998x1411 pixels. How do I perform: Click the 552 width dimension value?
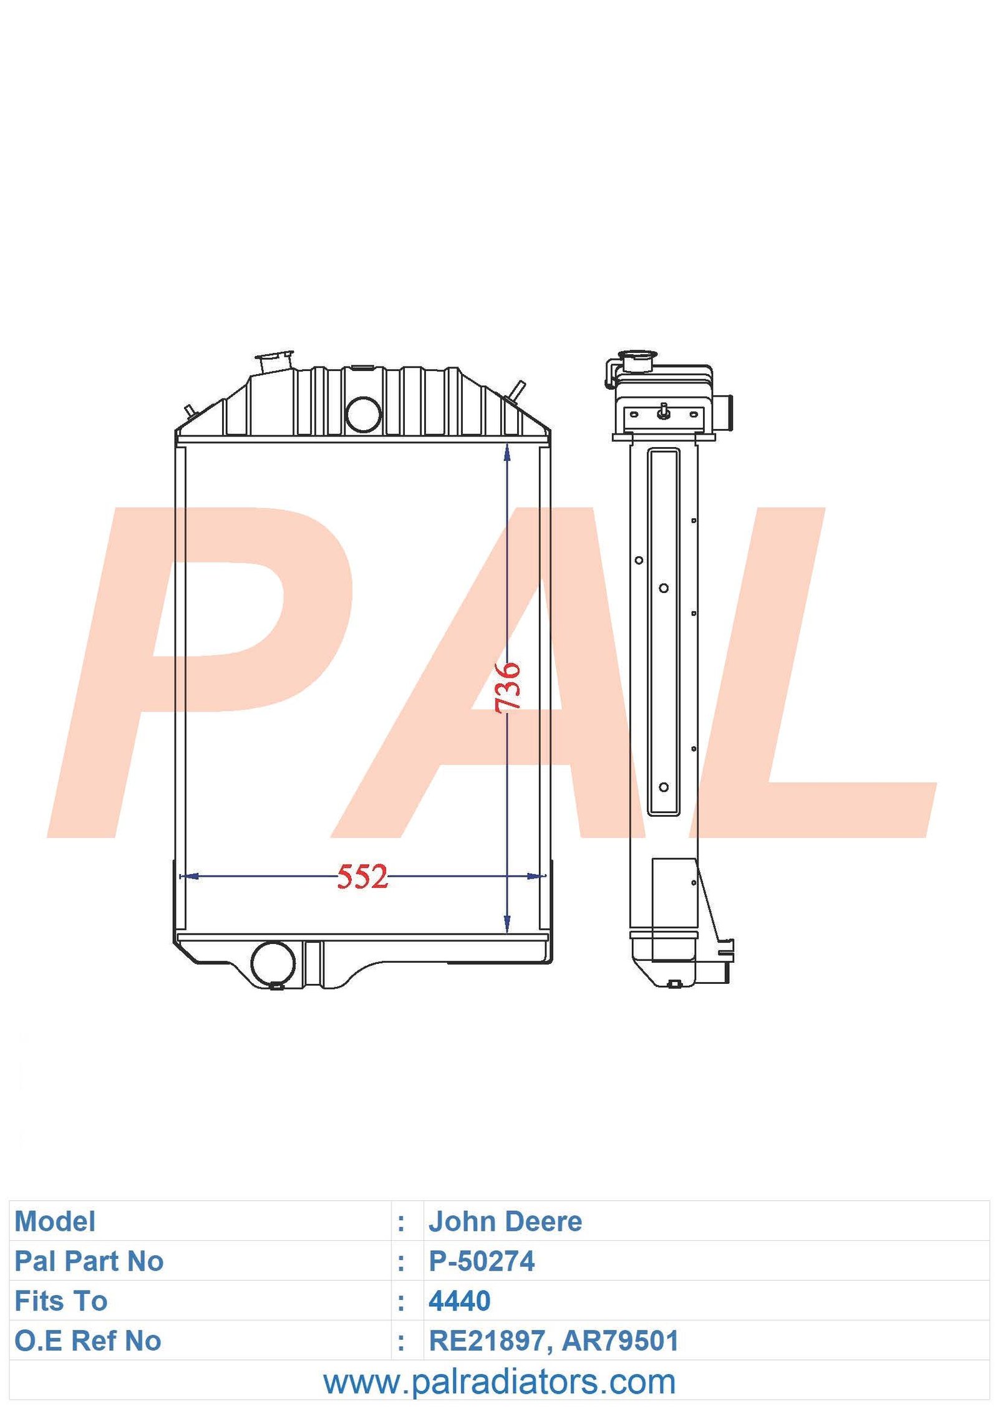(x=362, y=876)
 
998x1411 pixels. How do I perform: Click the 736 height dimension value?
(x=508, y=686)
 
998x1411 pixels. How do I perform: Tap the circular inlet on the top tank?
(x=363, y=413)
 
